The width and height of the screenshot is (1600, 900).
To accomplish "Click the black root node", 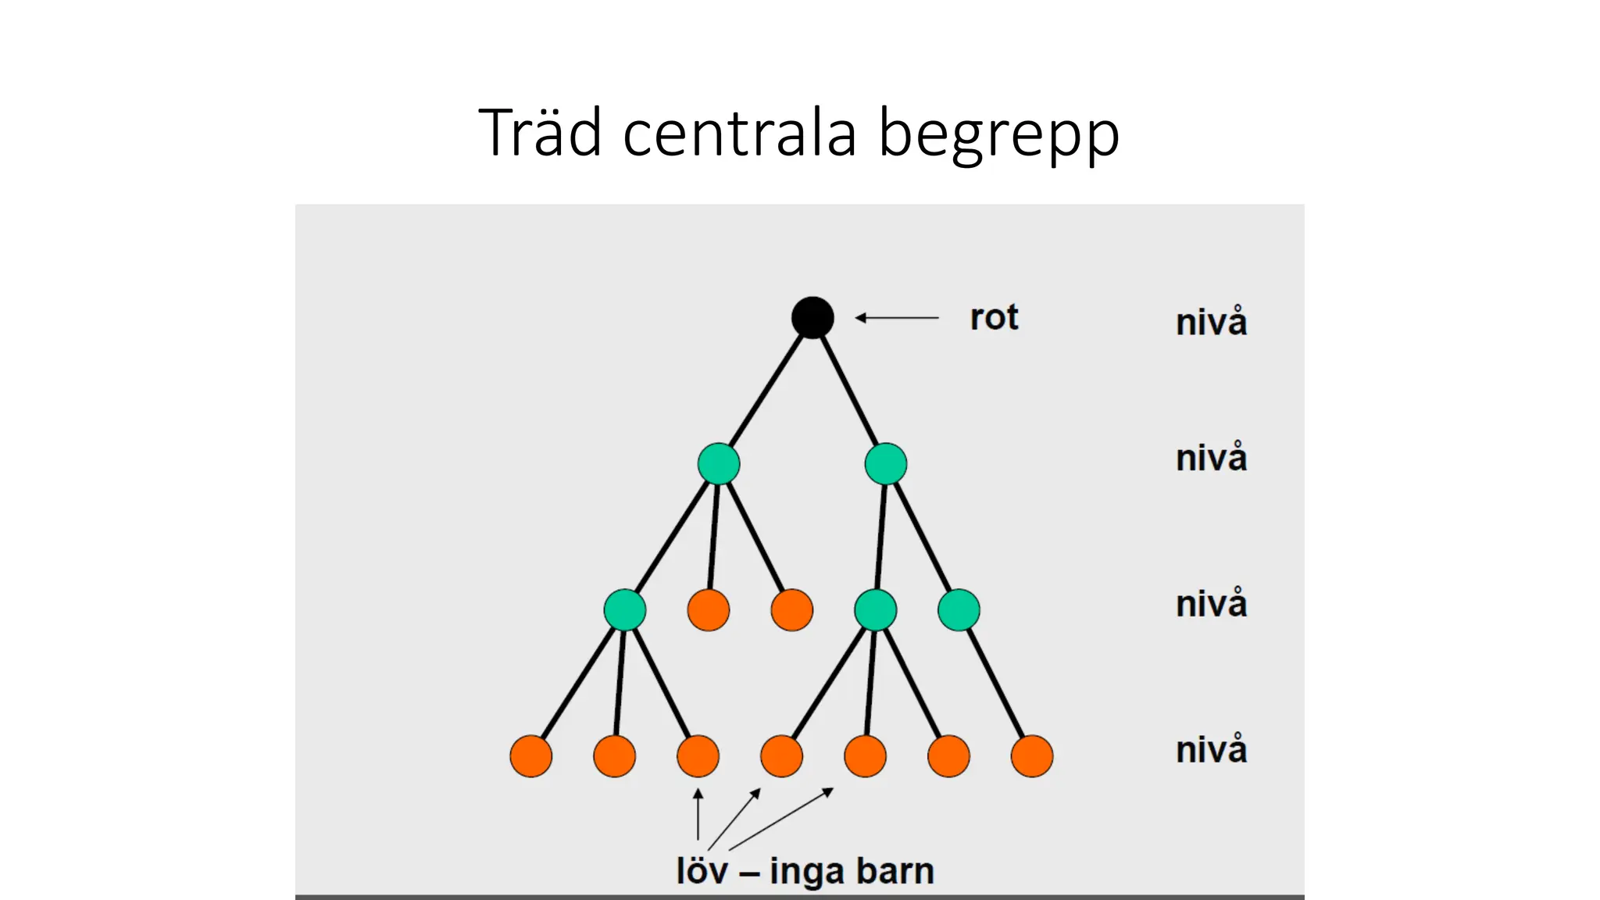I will tap(812, 318).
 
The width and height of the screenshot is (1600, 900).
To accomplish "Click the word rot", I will tap(994, 318).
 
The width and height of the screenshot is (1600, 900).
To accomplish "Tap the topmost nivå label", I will tap(1211, 322).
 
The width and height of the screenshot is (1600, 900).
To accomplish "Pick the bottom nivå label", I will tap(1211, 749).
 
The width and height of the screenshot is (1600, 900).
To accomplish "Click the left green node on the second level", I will tap(719, 464).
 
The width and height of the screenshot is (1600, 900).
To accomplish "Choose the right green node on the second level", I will tap(886, 464).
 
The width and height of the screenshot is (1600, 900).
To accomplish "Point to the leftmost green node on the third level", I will tap(625, 610).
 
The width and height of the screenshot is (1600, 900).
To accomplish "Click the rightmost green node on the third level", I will tap(959, 610).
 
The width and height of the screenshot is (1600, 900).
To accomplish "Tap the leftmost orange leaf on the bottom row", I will tap(531, 756).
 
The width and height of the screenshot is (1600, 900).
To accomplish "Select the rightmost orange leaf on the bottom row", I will tap(1032, 756).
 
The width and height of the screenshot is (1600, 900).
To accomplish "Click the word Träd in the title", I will tap(540, 133).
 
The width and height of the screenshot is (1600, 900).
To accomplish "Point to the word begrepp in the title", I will tap(999, 134).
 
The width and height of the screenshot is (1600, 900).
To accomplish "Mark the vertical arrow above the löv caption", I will tap(698, 814).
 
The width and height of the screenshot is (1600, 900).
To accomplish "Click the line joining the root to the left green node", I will tap(766, 391).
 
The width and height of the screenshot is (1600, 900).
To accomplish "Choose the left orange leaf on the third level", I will tap(709, 610).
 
